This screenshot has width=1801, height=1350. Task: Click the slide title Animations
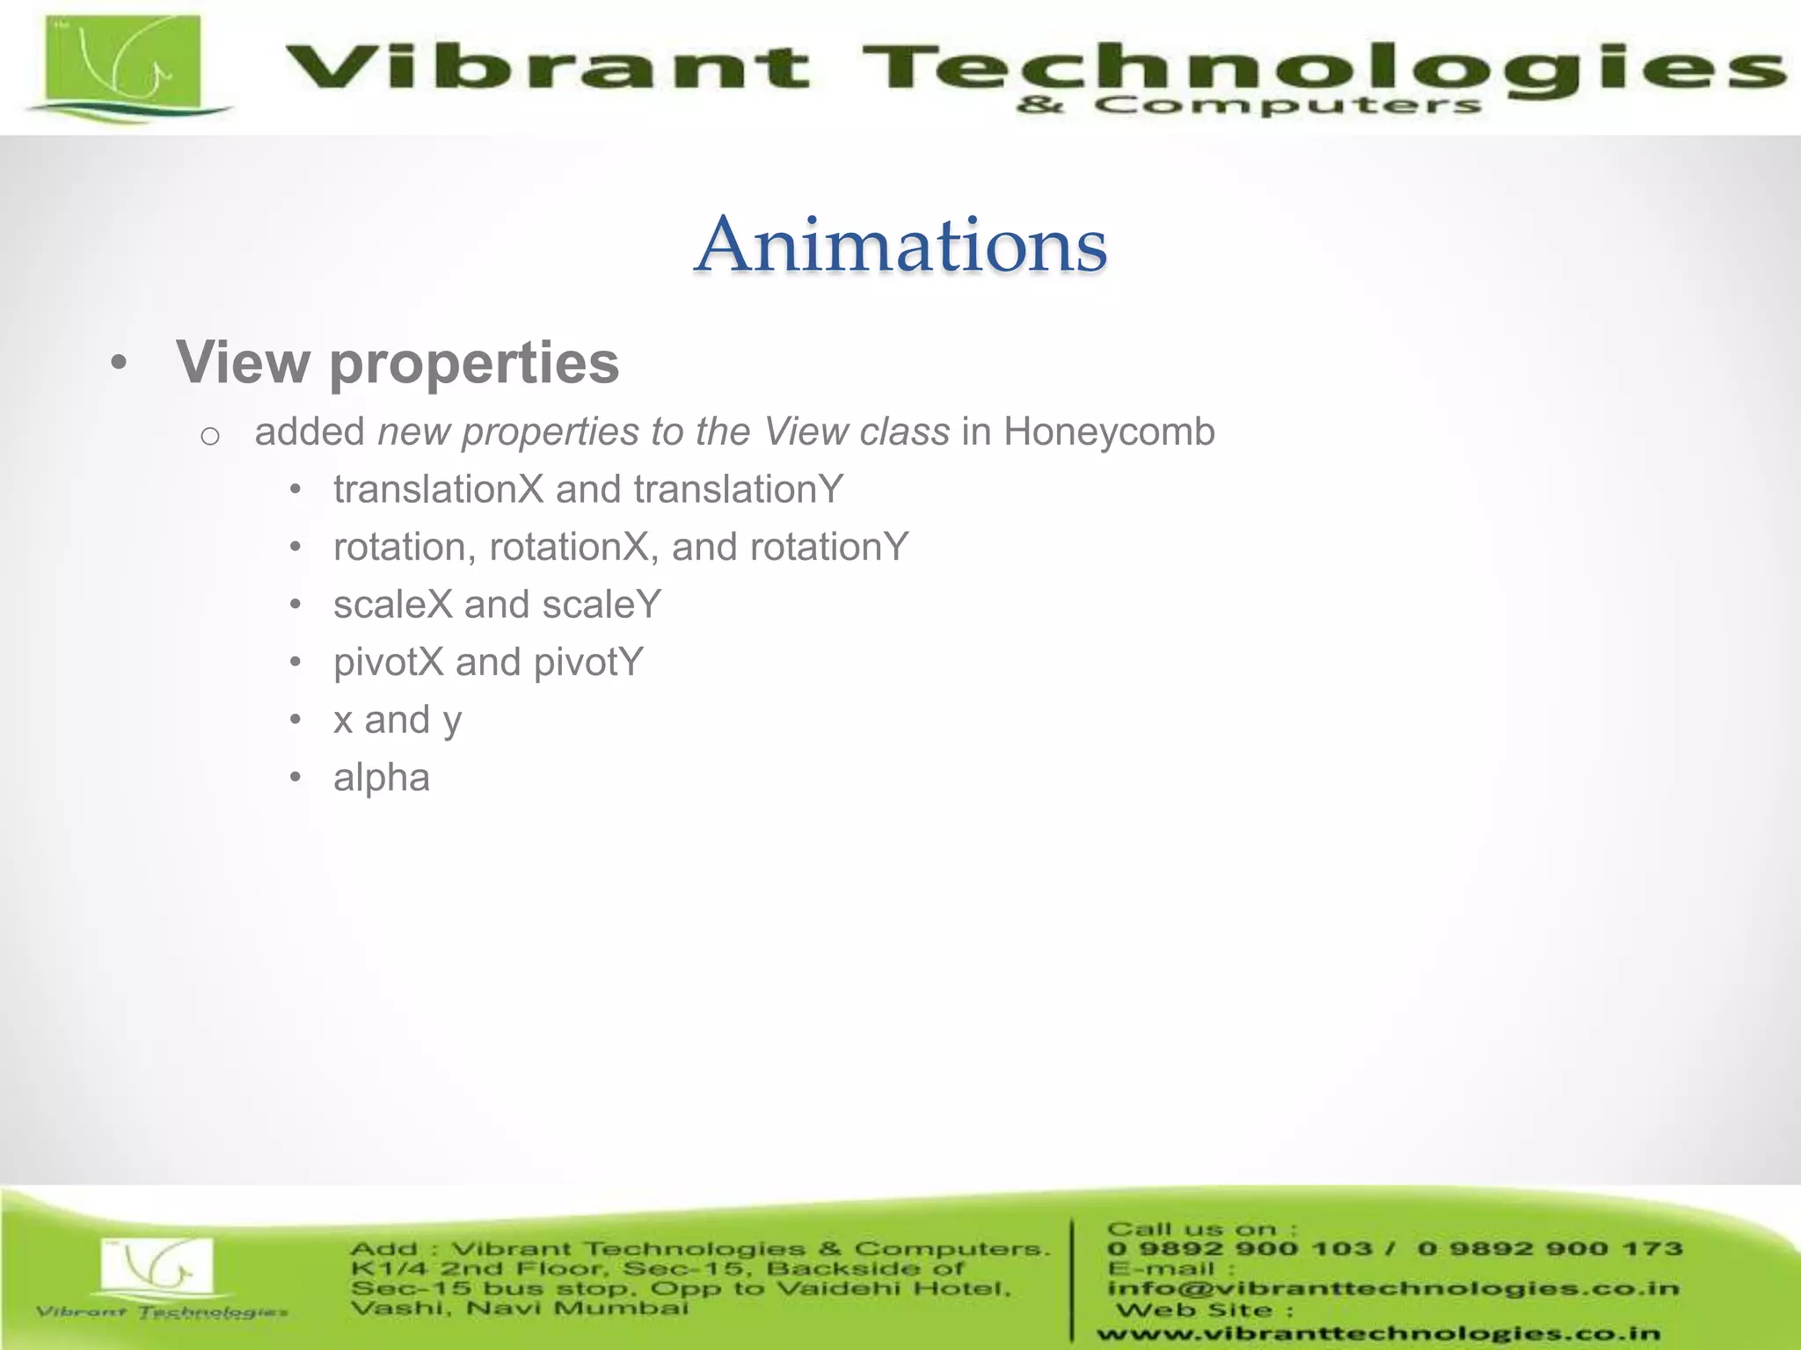[900, 244]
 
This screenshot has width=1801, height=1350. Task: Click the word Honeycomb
[1109, 432]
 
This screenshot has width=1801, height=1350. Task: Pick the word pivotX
[389, 663]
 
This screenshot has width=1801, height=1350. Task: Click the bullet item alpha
[382, 778]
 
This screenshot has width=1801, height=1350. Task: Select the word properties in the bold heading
[475, 363]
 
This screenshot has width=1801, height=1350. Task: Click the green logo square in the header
[123, 63]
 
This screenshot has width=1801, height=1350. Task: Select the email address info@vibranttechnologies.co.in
[1393, 1288]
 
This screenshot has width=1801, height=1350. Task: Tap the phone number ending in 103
[1240, 1249]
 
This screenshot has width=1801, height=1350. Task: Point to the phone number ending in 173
[1549, 1249]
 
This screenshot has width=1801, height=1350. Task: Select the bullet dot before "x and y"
[296, 721]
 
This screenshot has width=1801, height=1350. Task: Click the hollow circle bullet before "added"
[209, 435]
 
